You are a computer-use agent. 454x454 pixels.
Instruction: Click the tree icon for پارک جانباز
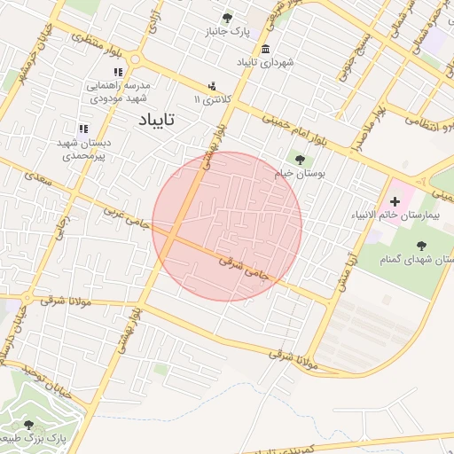click(228, 17)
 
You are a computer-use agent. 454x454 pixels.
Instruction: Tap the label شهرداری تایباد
click(266, 63)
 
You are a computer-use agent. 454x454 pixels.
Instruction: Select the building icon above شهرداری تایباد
click(267, 48)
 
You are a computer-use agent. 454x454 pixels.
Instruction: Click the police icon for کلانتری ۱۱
click(212, 86)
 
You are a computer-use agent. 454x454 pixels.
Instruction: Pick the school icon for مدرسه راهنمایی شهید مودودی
click(118, 72)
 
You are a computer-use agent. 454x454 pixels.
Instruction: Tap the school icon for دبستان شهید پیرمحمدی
click(83, 129)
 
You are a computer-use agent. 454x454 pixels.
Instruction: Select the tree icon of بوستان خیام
click(301, 160)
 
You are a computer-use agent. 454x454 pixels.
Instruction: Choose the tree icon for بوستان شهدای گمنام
click(419, 246)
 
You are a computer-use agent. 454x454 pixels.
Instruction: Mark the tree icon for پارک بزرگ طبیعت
click(29, 426)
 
